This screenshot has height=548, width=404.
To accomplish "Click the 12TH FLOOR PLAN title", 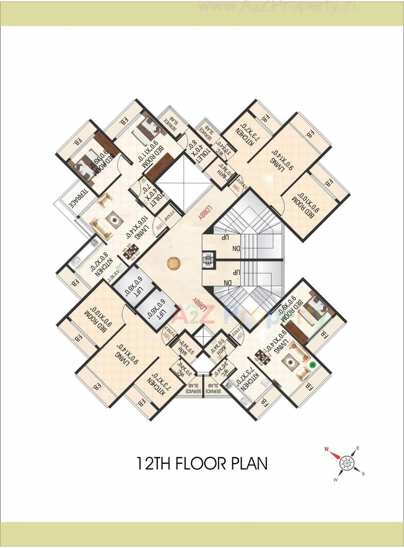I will (x=202, y=463).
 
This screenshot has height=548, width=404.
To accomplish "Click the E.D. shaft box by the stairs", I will (x=209, y=260).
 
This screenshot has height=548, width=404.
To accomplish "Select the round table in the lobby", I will (x=173, y=264).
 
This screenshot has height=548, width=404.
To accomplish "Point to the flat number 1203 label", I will (x=160, y=226).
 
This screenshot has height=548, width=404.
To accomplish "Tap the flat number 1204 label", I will (x=236, y=187).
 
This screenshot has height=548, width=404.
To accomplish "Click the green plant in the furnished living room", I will (x=313, y=365).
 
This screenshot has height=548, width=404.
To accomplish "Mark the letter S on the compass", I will (x=363, y=474).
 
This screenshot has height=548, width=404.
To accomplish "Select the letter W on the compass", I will (x=336, y=480).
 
